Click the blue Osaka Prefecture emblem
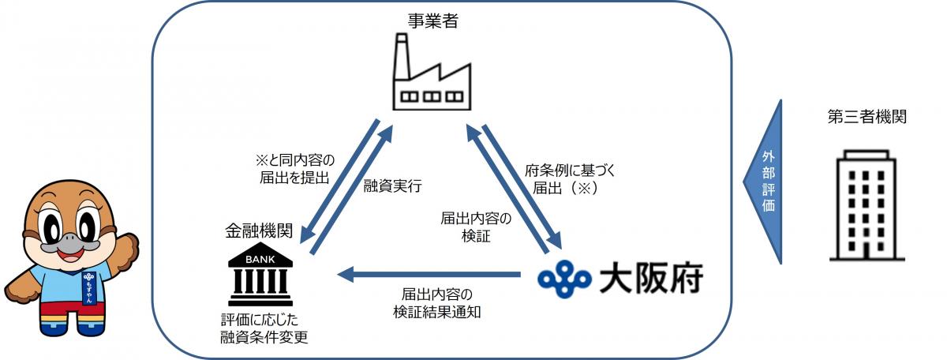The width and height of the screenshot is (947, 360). coord(564,278)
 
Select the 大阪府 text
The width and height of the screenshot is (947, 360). coord(650,279)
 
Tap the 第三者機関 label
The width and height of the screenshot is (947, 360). coord(867,118)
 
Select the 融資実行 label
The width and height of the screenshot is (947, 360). coord(392,187)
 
